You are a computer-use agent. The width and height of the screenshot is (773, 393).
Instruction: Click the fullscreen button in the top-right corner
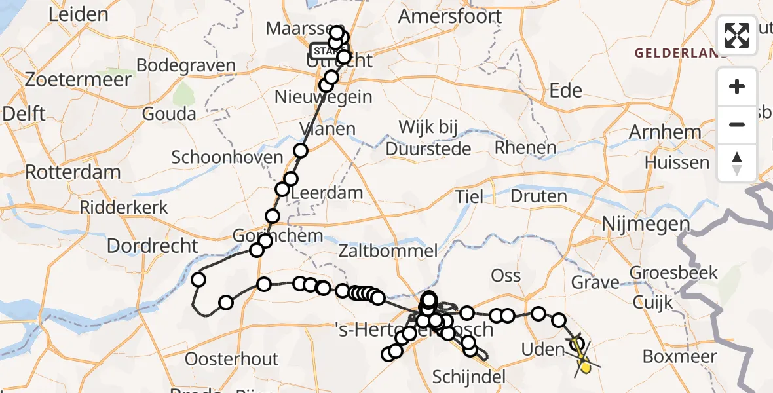[x=737, y=35]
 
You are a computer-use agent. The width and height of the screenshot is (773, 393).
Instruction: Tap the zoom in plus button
[x=737, y=86]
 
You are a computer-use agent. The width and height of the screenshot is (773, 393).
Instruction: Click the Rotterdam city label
[x=73, y=173]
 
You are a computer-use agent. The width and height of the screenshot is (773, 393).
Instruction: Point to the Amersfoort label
[x=451, y=16]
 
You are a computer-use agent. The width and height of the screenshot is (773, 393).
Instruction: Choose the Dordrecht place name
[x=152, y=246]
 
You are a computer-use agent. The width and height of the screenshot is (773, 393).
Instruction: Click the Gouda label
[x=170, y=113]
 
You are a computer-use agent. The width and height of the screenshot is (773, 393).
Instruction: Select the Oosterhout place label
[x=232, y=359]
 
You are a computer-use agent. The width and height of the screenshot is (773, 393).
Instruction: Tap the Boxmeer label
[x=680, y=357]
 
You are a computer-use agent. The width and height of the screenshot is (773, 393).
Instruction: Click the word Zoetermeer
[x=78, y=79]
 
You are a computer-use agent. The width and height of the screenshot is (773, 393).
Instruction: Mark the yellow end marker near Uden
[x=585, y=367]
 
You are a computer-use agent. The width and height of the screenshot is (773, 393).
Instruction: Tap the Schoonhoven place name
[x=227, y=157]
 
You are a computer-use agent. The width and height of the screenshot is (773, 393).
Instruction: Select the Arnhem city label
[x=665, y=132]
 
